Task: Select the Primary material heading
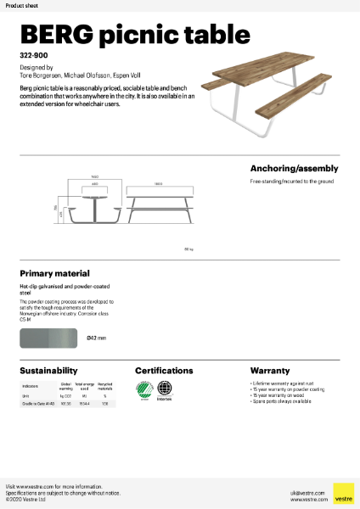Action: click(x=54, y=274)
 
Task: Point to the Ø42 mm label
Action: click(x=96, y=338)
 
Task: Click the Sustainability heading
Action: click(x=49, y=371)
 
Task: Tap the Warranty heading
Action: click(x=269, y=371)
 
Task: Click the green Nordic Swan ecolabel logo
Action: click(x=145, y=390)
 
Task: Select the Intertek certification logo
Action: click(x=165, y=391)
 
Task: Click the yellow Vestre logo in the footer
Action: click(x=343, y=494)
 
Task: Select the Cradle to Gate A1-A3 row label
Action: click(x=38, y=404)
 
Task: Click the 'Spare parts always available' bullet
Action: click(x=281, y=401)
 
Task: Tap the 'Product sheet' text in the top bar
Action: click(x=20, y=5)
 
